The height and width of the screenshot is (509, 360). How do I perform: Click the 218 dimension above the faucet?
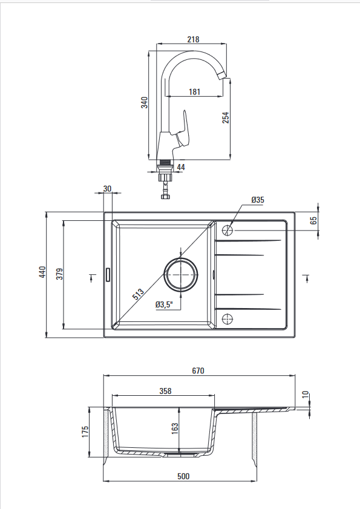click(193, 39)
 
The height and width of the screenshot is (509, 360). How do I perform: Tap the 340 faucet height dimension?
click(145, 102)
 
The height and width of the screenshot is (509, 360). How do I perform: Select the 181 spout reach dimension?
click(194, 92)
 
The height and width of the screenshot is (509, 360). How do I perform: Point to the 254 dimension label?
click(226, 117)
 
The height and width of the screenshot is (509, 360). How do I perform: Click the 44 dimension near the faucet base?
click(181, 167)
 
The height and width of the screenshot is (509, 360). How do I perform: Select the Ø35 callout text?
click(258, 200)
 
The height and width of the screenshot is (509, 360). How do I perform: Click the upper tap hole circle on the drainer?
click(227, 231)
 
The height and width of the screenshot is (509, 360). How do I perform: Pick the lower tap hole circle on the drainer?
click(227, 319)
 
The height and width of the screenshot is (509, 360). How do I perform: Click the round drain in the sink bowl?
click(181, 275)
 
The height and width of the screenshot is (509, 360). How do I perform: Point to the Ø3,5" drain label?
click(164, 304)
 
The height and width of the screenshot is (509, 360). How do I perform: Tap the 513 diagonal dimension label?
click(139, 294)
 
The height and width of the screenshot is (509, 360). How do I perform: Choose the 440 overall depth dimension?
click(42, 272)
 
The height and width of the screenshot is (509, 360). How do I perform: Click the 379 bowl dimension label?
click(60, 274)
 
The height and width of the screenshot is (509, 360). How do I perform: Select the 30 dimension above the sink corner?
click(107, 189)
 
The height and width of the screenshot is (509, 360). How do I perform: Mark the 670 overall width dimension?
click(198, 371)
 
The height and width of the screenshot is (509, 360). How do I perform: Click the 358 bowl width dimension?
click(165, 391)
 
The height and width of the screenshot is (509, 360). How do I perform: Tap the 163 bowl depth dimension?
click(175, 428)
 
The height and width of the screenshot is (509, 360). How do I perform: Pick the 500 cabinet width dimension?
click(183, 476)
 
